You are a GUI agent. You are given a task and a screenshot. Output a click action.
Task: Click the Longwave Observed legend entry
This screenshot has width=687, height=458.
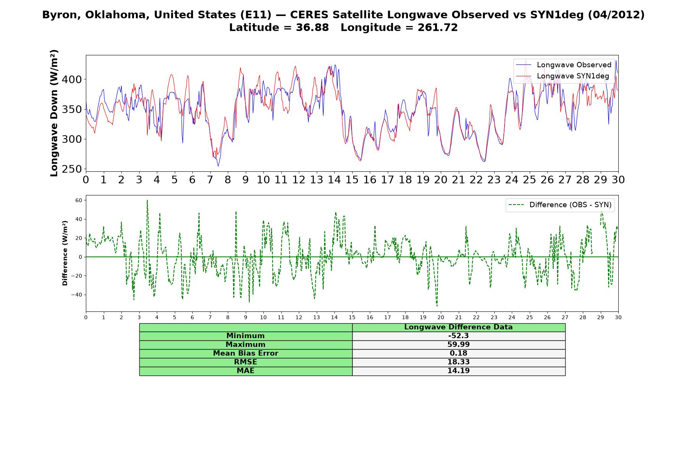[563, 65]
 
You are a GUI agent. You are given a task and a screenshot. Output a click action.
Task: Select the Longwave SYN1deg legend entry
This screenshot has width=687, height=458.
[563, 76]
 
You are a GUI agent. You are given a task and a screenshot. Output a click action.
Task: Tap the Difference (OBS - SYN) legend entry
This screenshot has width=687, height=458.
[560, 205]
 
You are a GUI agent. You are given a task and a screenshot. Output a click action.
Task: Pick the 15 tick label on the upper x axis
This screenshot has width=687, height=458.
[352, 180]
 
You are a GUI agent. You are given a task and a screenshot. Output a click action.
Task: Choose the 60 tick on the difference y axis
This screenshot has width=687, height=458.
[79, 200]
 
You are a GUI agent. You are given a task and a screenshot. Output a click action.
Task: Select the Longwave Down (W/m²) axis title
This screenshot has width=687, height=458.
[54, 113]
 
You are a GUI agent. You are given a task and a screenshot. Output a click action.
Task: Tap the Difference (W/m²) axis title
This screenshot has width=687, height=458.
[65, 253]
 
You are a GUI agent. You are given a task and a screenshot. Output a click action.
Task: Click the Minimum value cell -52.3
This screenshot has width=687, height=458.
[458, 336]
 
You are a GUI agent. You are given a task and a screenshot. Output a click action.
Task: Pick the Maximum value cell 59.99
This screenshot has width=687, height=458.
[458, 345]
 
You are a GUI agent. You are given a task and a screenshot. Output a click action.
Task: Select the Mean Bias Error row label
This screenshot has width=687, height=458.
[245, 353]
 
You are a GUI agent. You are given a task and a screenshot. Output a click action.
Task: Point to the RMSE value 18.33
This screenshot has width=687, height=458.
[458, 362]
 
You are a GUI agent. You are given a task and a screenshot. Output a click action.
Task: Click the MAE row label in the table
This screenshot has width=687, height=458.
[245, 371]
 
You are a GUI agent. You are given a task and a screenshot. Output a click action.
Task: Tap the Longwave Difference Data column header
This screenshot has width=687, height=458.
[458, 327]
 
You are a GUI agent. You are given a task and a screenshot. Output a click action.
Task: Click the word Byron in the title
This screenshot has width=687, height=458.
[57, 15]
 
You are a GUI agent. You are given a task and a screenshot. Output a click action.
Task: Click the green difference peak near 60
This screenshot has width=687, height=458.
[147, 200]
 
